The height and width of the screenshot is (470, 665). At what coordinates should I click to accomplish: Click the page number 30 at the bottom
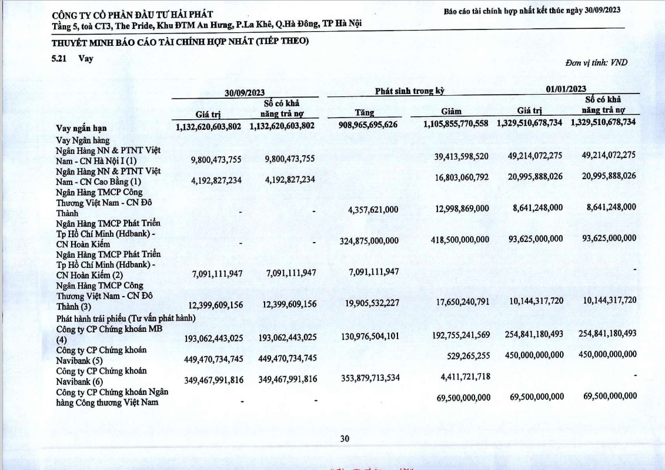345,438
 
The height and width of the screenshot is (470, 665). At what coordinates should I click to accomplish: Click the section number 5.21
59,58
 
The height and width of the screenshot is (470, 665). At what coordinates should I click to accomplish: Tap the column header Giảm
451,111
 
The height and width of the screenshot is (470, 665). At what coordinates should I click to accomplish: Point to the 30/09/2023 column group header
245,92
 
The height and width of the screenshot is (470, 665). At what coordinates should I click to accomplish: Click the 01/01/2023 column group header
566,89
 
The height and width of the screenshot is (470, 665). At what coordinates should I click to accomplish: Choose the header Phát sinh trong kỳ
409,90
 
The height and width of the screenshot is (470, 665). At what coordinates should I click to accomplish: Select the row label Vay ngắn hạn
81,127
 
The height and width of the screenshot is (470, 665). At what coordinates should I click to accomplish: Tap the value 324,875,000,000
369,241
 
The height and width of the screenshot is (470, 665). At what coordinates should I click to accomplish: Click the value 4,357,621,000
373,209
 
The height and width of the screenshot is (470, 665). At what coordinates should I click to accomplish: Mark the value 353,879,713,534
369,377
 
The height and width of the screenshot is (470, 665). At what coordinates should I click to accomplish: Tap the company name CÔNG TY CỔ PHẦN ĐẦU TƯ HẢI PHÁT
133,14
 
